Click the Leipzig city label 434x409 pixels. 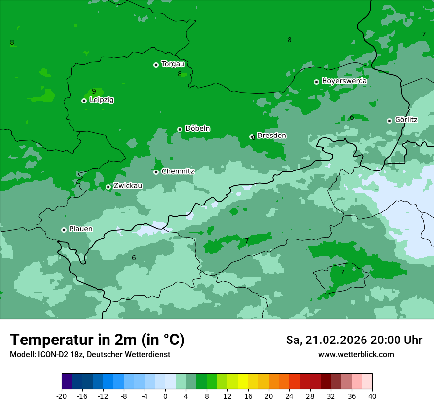(102, 100)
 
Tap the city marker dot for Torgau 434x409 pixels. (156, 65)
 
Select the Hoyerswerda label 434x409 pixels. (344, 81)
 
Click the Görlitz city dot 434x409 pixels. (389, 121)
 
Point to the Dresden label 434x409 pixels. (271, 136)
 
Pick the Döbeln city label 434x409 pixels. (197, 129)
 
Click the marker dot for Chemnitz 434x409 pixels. (156, 172)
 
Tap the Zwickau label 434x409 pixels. (128, 186)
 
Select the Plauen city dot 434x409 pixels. (64, 230)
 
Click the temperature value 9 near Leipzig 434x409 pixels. (94, 91)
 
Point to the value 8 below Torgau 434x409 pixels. (180, 74)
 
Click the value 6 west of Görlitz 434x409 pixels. (352, 117)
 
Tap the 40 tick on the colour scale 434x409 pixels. (372, 396)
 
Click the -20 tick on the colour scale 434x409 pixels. (62, 396)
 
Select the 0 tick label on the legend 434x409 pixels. (165, 396)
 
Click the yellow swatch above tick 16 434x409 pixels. (243, 381)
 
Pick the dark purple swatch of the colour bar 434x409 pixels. (67, 381)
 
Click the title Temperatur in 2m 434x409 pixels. (97, 340)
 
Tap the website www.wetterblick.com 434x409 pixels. (356, 355)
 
